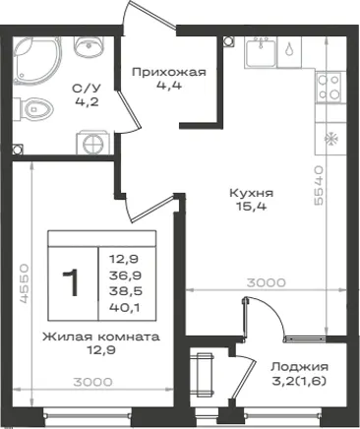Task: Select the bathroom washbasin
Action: coord(89,46)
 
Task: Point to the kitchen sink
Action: coord(261,52)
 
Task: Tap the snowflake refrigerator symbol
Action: coord(331,140)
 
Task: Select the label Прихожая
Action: coord(169,72)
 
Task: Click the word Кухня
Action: coord(251,193)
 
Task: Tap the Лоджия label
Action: coord(299,367)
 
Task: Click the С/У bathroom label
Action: coord(87,89)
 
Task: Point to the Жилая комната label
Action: coord(101,337)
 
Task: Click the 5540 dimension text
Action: coord(319,186)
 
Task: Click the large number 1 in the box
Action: coord(71,282)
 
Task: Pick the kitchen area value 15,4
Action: coord(251,207)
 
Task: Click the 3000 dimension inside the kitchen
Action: coord(266,282)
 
